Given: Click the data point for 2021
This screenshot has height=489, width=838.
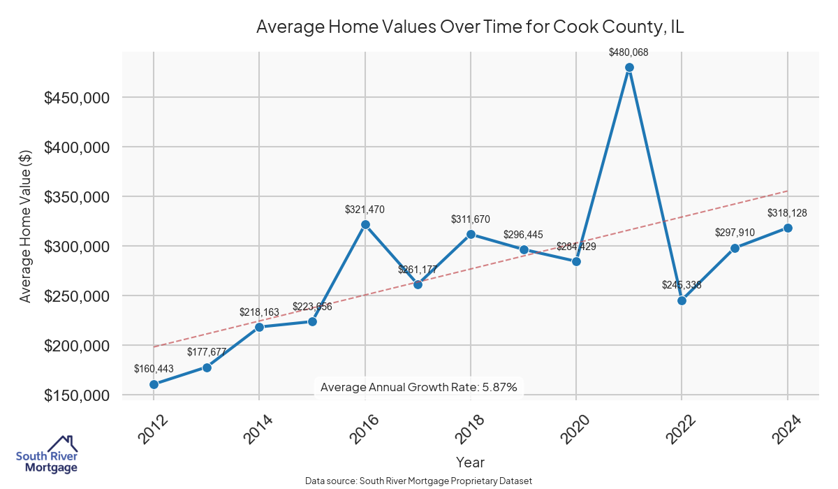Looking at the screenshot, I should (x=629, y=67).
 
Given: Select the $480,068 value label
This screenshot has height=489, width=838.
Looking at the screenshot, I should (x=629, y=52).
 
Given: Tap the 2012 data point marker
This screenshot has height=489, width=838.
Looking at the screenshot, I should (x=154, y=384).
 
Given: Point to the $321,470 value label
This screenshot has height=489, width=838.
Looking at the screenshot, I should (x=365, y=209).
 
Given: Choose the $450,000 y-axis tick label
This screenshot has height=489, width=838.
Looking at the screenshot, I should (x=77, y=98).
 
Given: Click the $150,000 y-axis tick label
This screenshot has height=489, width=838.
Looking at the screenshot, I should (x=77, y=395).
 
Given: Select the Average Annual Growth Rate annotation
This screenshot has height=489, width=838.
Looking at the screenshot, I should (x=418, y=387).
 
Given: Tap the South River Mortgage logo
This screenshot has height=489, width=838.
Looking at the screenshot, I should (x=47, y=455).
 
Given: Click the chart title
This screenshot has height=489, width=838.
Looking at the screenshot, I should (x=470, y=27).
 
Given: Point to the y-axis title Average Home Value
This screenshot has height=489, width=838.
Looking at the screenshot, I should (x=25, y=226).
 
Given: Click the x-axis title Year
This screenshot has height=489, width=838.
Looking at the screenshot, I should (x=470, y=462).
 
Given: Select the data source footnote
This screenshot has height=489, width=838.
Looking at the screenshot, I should (x=418, y=481).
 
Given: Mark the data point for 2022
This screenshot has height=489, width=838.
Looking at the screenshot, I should (x=682, y=300).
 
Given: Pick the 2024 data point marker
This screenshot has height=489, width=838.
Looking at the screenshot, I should (x=788, y=228).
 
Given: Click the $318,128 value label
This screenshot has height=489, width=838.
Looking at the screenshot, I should (x=787, y=212).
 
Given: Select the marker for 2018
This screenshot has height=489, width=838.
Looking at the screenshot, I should (x=471, y=234).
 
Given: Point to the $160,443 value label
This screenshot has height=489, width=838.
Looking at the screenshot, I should (x=154, y=369).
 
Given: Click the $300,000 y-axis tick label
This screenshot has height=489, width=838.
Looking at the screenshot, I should (x=77, y=247).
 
